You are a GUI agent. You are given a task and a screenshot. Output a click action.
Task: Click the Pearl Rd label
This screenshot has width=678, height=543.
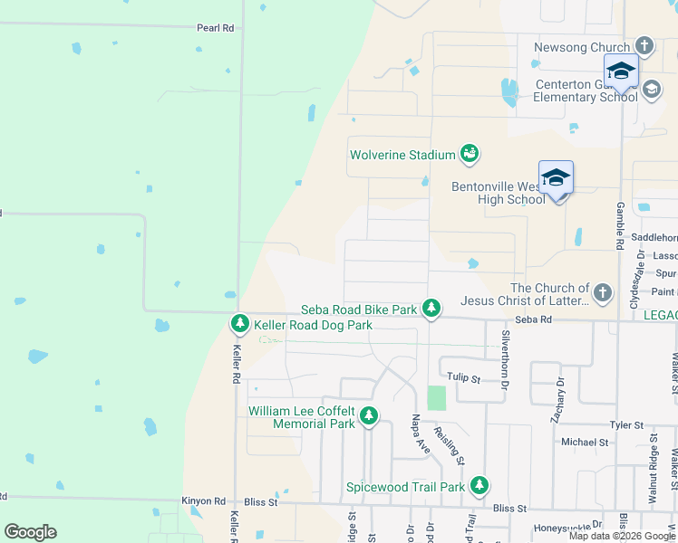pyautogui.click(x=216, y=28)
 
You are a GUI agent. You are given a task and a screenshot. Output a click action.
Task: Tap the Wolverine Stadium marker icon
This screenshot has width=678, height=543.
pyautogui.click(x=470, y=155)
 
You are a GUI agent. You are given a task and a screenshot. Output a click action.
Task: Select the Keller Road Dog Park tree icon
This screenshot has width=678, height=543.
pyautogui.click(x=240, y=323)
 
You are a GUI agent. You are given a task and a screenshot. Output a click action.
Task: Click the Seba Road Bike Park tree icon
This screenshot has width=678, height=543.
pyautogui.click(x=432, y=309)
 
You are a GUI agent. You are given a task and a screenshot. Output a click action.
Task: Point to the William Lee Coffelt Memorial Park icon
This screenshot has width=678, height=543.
pyautogui.click(x=369, y=416)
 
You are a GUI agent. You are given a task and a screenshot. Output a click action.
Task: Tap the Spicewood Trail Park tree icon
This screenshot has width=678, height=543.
pyautogui.click(x=479, y=486)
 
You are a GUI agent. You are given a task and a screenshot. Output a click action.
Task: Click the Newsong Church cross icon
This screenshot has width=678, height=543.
pyautogui.click(x=644, y=46)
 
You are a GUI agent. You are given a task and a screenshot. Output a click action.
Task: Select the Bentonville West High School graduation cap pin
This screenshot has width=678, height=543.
pyautogui.click(x=556, y=178)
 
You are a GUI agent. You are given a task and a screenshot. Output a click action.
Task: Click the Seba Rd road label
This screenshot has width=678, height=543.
pyautogui.click(x=533, y=319)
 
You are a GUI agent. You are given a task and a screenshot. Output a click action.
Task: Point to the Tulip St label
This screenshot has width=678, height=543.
pyautogui.click(x=461, y=377)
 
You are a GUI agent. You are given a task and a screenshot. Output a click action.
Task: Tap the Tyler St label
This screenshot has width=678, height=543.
pyautogui.click(x=625, y=424)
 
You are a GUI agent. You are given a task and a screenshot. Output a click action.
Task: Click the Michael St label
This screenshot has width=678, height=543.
pyautogui.click(x=584, y=443)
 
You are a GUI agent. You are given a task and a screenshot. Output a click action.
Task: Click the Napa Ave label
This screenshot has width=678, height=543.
pyautogui.click(x=419, y=433)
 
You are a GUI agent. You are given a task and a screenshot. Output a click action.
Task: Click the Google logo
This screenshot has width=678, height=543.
pyautogui.click(x=30, y=532)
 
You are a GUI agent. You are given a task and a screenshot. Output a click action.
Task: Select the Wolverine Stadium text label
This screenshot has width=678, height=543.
pyautogui.click(x=402, y=155)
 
